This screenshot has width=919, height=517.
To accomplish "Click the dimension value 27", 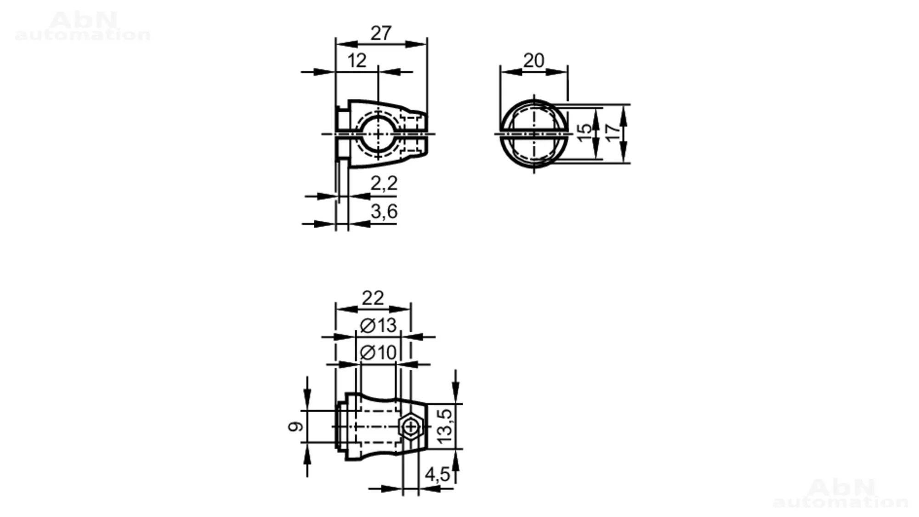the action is point(381,33).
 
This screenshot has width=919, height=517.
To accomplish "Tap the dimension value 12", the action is point(357,61).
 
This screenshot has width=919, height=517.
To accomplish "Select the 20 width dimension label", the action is point(533,60).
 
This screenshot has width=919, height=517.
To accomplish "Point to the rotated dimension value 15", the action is point(584,132).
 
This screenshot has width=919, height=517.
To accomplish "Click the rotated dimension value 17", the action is point(613,132).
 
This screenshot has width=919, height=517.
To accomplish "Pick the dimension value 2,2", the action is point(384,184).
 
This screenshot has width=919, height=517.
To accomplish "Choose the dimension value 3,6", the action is point(384,212).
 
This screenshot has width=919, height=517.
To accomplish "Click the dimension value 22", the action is point(373,298).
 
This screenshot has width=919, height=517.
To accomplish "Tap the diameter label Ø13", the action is point(378,326).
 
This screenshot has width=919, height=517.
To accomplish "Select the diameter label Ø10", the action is point(378,353).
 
